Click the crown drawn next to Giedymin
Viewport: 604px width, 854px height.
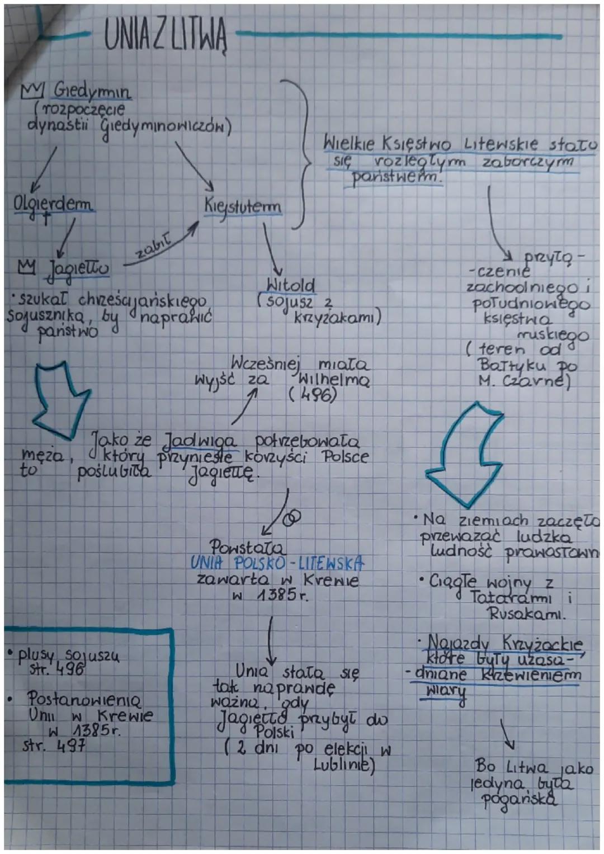[32, 89]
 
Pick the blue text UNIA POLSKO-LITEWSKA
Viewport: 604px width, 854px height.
[277, 563]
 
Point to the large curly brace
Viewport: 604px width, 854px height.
[299, 153]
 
